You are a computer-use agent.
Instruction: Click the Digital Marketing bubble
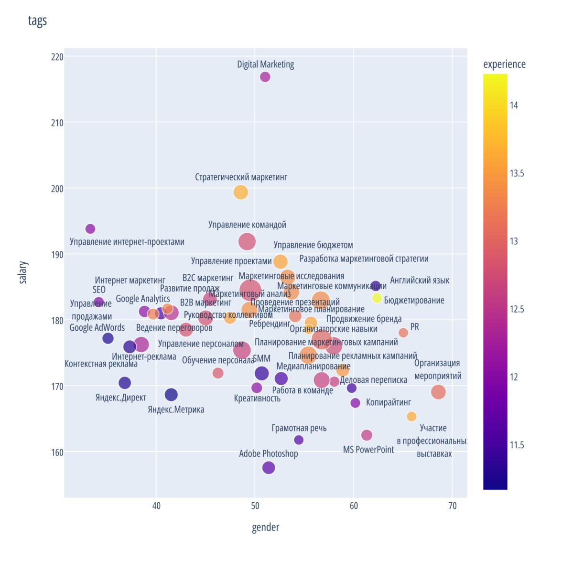pyautogui.click(x=265, y=77)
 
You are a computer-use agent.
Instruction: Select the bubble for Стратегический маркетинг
pyautogui.click(x=241, y=192)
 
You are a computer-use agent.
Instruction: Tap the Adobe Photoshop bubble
pyautogui.click(x=269, y=468)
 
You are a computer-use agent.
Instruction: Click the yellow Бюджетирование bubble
pyautogui.click(x=377, y=298)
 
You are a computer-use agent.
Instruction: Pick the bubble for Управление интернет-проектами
pyautogui.click(x=90, y=229)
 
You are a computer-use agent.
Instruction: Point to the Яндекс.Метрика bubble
pyautogui.click(x=171, y=394)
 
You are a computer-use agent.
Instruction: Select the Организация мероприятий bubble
pyautogui.click(x=438, y=392)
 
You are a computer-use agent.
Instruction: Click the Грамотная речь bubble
pyautogui.click(x=299, y=440)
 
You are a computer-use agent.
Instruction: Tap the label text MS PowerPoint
pyautogui.click(x=368, y=450)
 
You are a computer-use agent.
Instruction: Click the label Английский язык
pyautogui.click(x=420, y=281)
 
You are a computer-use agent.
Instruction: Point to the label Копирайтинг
pyautogui.click(x=388, y=402)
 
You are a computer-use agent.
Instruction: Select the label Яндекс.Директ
pyautogui.click(x=121, y=398)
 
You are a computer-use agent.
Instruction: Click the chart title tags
pyautogui.click(x=37, y=21)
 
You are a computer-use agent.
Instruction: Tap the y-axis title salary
pyautogui.click(x=23, y=272)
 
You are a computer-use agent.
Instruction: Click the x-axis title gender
pyautogui.click(x=265, y=527)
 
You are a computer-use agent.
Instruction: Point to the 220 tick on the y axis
pyautogui.click(x=57, y=57)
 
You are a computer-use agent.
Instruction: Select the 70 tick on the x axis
pyautogui.click(x=453, y=506)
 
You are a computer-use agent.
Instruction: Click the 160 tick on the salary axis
pyautogui.click(x=57, y=452)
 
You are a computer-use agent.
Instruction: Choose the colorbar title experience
pyautogui.click(x=504, y=65)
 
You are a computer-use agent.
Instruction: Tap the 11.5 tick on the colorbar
pyautogui.click(x=517, y=445)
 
